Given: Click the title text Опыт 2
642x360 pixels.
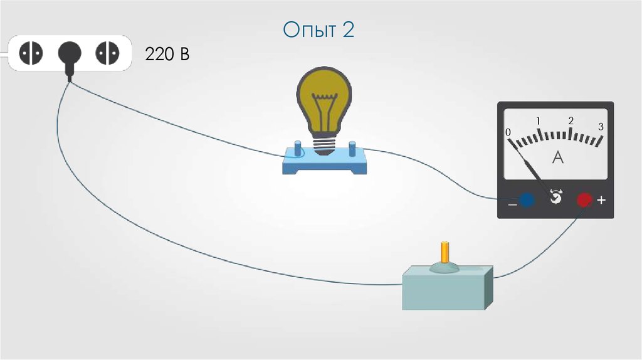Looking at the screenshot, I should click(318, 30).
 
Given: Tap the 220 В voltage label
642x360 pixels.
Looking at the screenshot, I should click(167, 55).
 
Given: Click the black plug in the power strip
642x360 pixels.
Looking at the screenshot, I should click(69, 55).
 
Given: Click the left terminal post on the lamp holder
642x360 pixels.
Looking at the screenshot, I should click(295, 151).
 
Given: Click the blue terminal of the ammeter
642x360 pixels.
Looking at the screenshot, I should click(527, 200).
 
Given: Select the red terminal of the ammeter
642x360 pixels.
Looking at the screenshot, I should click(584, 200).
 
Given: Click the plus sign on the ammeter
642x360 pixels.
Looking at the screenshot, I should click(602, 200).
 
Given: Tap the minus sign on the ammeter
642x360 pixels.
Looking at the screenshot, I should click(512, 204).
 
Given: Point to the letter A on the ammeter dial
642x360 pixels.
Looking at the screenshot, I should click(557, 159).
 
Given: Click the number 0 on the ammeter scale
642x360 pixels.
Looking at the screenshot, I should click(508, 132).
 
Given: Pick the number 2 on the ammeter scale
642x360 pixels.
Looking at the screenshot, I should click(571, 120).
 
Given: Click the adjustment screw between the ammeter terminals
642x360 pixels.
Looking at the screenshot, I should click(555, 198).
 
